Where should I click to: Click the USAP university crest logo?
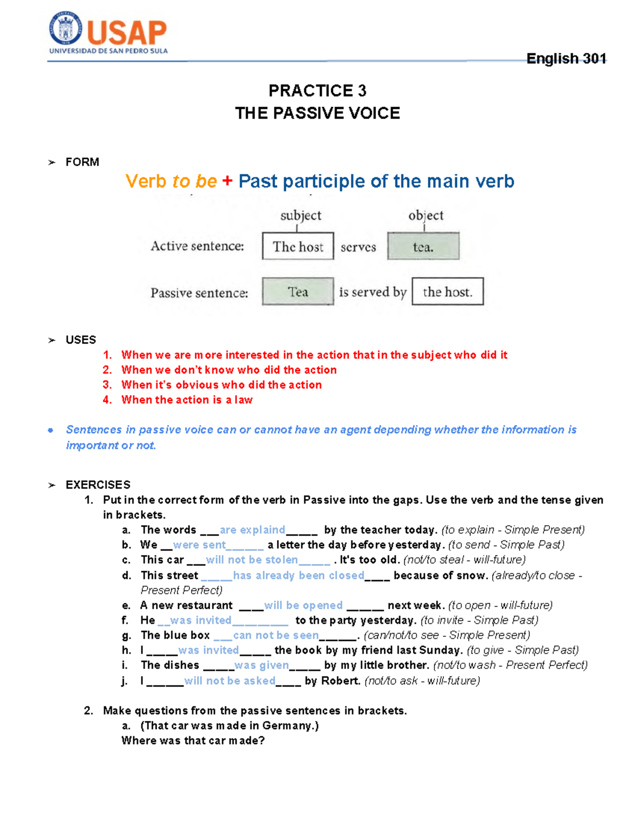click(x=66, y=29)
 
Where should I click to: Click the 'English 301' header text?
click(x=566, y=58)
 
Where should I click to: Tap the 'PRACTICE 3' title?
click(x=317, y=91)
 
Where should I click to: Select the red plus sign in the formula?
click(x=227, y=181)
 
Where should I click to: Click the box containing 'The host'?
click(x=298, y=246)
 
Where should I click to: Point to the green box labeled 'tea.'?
click(x=423, y=246)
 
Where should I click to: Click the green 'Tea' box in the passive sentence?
click(x=298, y=292)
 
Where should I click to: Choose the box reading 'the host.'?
click(x=447, y=292)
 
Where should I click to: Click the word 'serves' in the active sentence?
click(x=358, y=247)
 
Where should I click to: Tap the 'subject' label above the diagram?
click(x=301, y=215)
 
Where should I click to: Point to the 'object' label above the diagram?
click(x=425, y=215)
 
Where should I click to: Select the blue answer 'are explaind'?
click(x=252, y=530)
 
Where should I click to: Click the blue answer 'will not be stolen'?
click(x=251, y=559)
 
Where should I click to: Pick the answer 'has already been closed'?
click(x=298, y=575)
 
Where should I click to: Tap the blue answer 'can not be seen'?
click(x=276, y=635)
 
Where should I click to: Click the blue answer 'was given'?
click(x=261, y=665)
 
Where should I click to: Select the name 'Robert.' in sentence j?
click(x=341, y=680)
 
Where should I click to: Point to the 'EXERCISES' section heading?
click(x=98, y=484)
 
